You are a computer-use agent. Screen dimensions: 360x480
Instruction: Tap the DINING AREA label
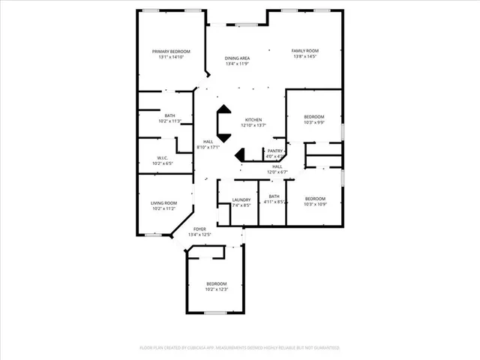pyautogui.click(x=238, y=58)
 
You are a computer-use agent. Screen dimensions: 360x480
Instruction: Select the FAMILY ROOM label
pyautogui.click(x=304, y=51)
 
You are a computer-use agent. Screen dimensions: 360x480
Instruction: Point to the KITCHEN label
pyautogui.click(x=253, y=121)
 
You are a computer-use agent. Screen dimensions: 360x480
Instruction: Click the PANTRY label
pyautogui.click(x=275, y=151)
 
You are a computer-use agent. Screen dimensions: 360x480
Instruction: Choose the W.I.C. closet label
pyautogui.click(x=162, y=157)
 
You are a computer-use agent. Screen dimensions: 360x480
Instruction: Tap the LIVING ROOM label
pyautogui.click(x=163, y=202)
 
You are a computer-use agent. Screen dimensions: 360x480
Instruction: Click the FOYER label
pyautogui.click(x=199, y=229)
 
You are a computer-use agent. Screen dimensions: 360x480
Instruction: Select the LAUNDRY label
pyautogui.click(x=241, y=199)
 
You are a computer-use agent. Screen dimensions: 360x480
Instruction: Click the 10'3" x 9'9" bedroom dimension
pyautogui.click(x=314, y=123)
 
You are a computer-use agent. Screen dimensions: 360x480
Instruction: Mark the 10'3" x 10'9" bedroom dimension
pyautogui.click(x=314, y=205)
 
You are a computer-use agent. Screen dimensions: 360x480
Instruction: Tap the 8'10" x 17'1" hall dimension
pyautogui.click(x=208, y=147)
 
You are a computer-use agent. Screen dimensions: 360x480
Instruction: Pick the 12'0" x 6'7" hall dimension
pyautogui.click(x=277, y=172)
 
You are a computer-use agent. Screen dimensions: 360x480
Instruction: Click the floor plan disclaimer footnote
pyautogui.click(x=240, y=348)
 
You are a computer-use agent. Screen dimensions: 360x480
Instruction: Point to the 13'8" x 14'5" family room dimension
pyautogui.click(x=304, y=57)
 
